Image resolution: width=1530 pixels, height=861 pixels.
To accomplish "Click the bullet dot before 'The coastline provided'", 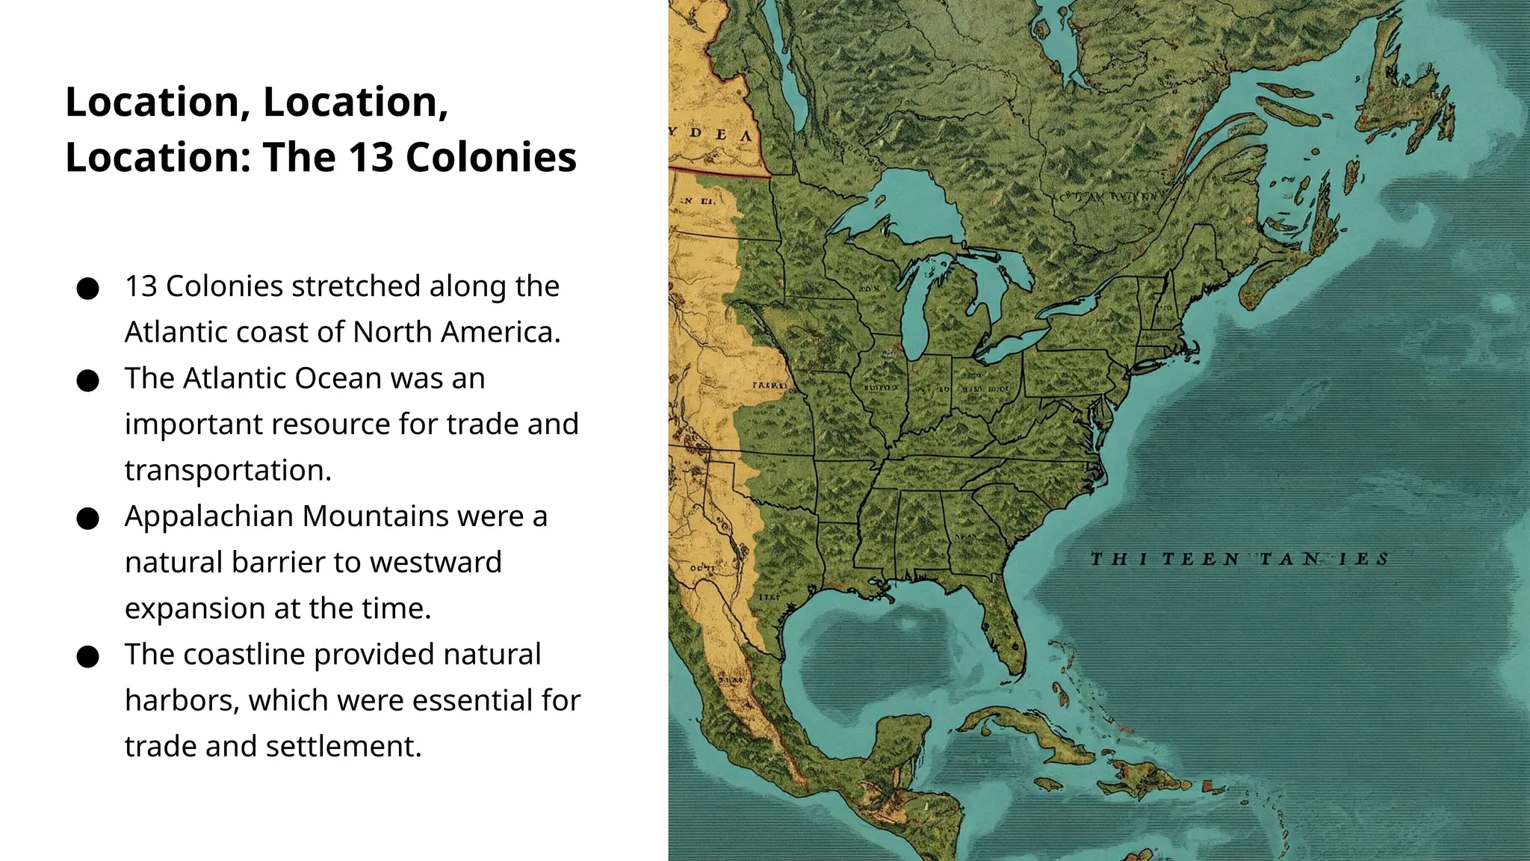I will pyautogui.click(x=88, y=656).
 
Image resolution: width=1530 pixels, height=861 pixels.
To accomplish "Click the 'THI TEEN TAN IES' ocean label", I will pyautogui.click(x=1239, y=559).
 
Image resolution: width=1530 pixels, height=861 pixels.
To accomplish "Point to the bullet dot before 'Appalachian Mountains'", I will pyautogui.click(x=88, y=519).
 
